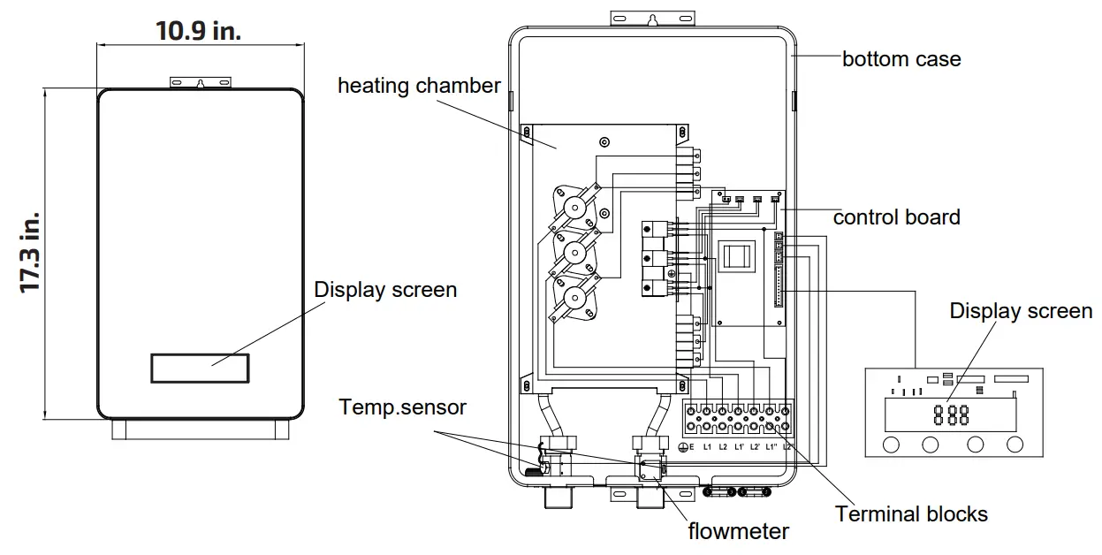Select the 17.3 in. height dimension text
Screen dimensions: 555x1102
pyautogui.click(x=31, y=253)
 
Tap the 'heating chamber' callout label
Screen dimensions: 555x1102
pyautogui.click(x=419, y=86)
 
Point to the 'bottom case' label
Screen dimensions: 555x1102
pyautogui.click(x=901, y=59)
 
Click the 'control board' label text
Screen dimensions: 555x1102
pyautogui.click(x=896, y=217)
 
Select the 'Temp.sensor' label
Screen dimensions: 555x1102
pyautogui.click(x=403, y=407)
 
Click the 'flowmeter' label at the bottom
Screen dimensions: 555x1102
pyautogui.click(x=739, y=530)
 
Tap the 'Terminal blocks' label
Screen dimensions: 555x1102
pyautogui.click(x=911, y=513)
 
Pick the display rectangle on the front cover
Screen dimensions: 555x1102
pyautogui.click(x=200, y=368)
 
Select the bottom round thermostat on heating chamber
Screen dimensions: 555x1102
pyautogui.click(x=575, y=298)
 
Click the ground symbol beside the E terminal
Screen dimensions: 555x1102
pyautogui.click(x=683, y=448)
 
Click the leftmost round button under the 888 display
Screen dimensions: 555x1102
pyautogui.click(x=891, y=445)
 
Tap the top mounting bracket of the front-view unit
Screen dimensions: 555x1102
pyautogui.click(x=202, y=81)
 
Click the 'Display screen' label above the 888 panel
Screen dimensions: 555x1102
pyautogui.click(x=1021, y=311)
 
